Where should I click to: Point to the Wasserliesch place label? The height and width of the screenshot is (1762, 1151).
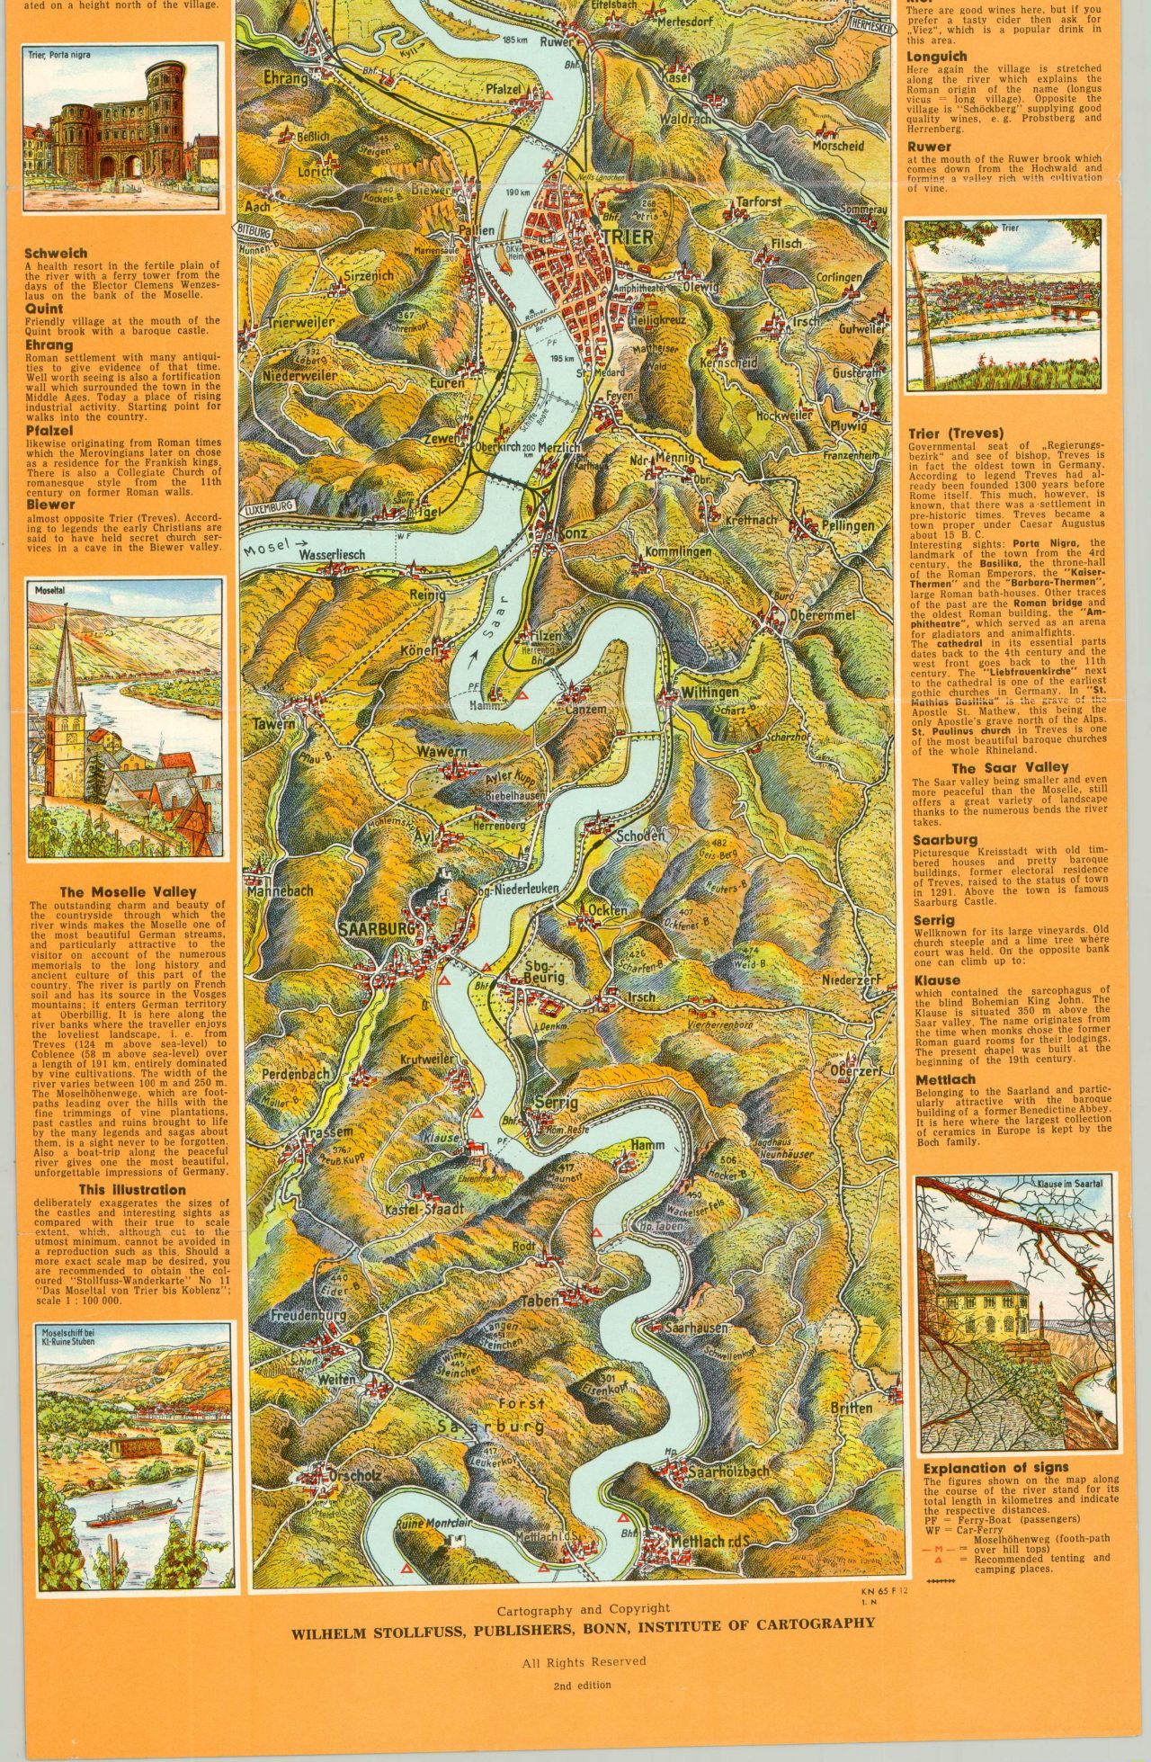(x=331, y=555)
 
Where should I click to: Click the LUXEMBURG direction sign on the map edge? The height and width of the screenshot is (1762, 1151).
(x=268, y=507)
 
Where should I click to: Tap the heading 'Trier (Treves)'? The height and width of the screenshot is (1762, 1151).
(x=956, y=433)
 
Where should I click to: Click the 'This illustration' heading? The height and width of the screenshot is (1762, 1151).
(x=131, y=1189)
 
